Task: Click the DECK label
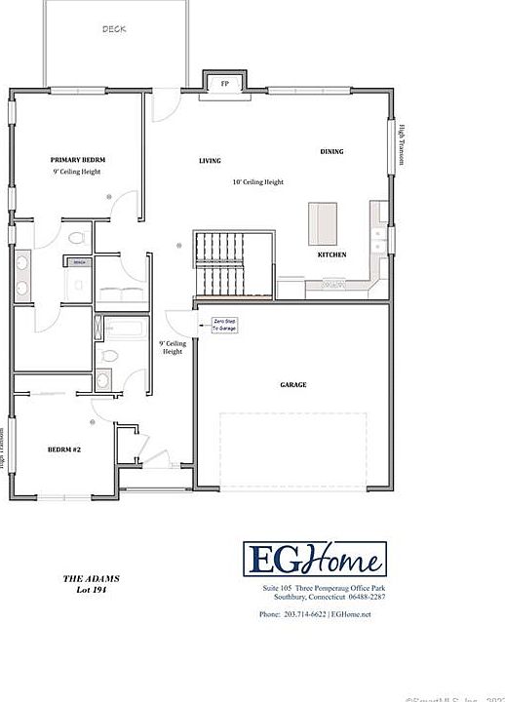[x=114, y=29]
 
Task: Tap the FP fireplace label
[x=225, y=83]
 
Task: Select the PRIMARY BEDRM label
[x=78, y=159]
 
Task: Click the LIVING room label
[x=210, y=161]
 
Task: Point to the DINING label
[x=331, y=151]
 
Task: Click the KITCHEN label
[x=331, y=254]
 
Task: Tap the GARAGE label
[x=293, y=385]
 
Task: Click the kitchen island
[x=322, y=222]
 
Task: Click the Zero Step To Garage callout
[x=224, y=325]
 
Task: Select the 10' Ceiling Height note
[x=257, y=182]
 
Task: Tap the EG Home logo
[x=314, y=560]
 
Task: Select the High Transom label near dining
[x=401, y=144]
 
